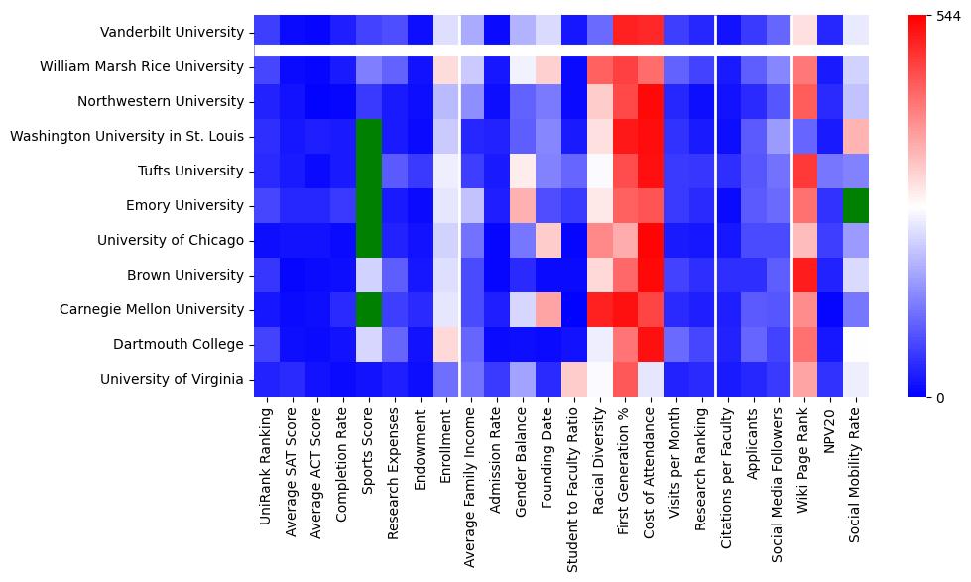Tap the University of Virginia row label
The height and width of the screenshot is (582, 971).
(x=172, y=379)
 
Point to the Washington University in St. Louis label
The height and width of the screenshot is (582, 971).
(x=126, y=136)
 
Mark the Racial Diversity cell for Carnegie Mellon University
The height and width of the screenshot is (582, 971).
(x=601, y=309)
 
